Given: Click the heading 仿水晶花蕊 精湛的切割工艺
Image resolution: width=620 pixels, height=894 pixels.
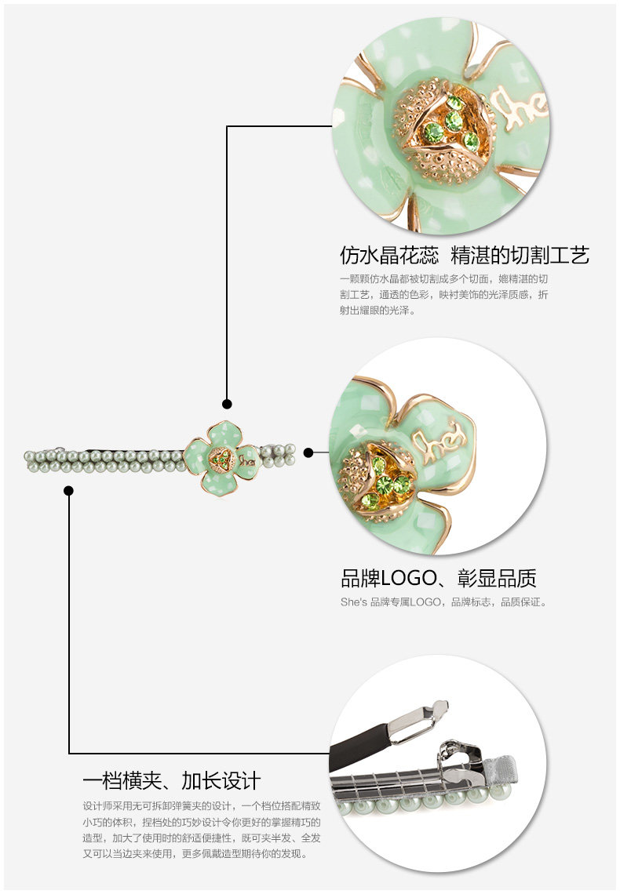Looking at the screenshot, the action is click(464, 256).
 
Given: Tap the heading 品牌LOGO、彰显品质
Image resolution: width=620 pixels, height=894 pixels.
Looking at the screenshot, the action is click(438, 579).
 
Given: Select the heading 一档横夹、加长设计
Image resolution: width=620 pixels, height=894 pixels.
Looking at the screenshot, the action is click(171, 780).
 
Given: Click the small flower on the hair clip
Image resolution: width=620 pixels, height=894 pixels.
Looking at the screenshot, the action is click(222, 457).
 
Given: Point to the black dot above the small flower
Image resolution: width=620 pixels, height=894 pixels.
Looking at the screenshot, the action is click(227, 404).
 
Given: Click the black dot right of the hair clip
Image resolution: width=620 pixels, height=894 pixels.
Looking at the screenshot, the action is click(308, 452).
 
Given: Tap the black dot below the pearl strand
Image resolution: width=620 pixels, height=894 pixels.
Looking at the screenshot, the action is click(69, 491).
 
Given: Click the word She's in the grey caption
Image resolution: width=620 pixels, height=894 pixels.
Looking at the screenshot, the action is click(353, 602).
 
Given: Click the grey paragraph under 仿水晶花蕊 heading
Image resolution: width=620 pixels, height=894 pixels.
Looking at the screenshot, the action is click(444, 294).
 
